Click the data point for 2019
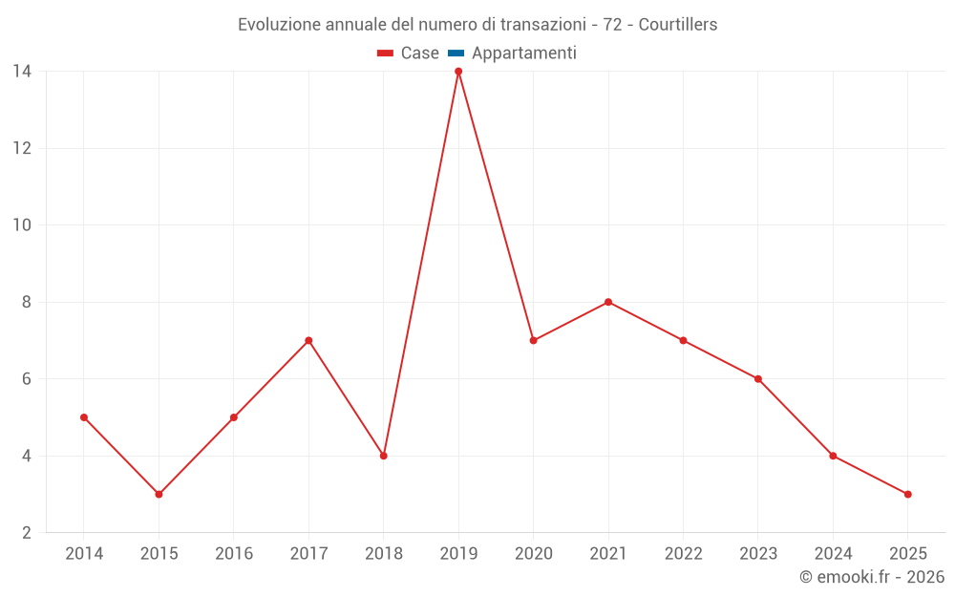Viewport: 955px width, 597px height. (x=458, y=72)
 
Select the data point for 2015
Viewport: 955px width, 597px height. (x=159, y=494)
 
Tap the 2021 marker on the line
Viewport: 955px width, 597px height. (x=608, y=302)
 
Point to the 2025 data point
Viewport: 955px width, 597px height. (x=907, y=494)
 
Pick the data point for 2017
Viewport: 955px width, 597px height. (x=308, y=340)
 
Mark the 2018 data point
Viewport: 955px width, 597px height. (x=383, y=456)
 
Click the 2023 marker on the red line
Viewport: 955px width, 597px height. (x=758, y=379)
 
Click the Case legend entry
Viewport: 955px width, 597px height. (x=419, y=53)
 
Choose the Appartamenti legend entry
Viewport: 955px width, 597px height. (x=523, y=53)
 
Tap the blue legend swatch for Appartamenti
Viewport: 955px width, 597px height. (x=456, y=53)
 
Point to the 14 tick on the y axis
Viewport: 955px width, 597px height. (x=21, y=72)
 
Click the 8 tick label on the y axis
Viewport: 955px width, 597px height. (x=26, y=302)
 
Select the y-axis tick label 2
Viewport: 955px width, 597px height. (x=26, y=533)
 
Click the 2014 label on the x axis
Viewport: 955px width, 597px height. (x=84, y=554)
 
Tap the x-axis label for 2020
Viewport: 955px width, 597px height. (x=533, y=554)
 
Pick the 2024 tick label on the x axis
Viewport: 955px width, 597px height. (x=833, y=554)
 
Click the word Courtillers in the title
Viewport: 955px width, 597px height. (x=677, y=25)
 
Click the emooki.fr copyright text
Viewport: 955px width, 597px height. (x=872, y=577)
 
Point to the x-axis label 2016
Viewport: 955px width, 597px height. (x=234, y=554)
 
